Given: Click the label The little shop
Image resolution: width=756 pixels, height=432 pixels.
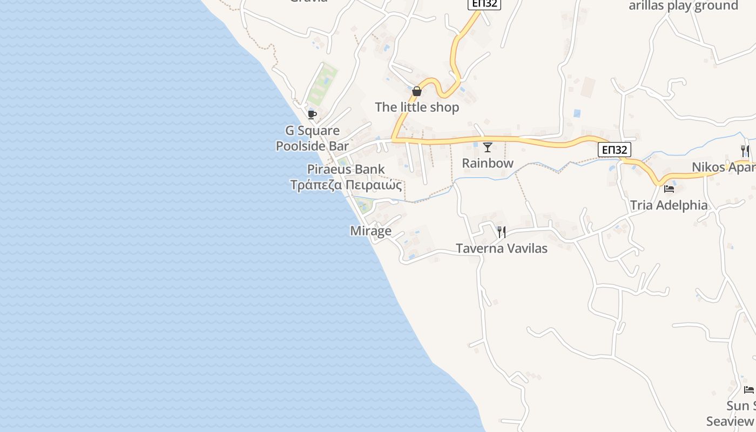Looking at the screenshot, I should pyautogui.click(x=417, y=107).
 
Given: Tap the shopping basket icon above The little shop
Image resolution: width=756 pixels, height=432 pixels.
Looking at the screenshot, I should pyautogui.click(x=417, y=91).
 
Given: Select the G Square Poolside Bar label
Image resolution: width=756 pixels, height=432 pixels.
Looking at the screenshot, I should pyautogui.click(x=312, y=138).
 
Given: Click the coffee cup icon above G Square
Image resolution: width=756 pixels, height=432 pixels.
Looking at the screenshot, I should pyautogui.click(x=312, y=114).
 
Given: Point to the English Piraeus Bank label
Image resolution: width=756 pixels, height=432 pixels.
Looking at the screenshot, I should pyautogui.click(x=346, y=170).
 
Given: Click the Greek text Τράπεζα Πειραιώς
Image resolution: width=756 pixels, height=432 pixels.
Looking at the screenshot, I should pyautogui.click(x=346, y=185).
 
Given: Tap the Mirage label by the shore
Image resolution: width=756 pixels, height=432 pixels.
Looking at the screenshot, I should pyautogui.click(x=370, y=231).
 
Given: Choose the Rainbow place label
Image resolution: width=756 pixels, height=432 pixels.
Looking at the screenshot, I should pyautogui.click(x=488, y=163).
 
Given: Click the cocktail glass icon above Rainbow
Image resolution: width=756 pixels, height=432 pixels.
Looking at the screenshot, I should pyautogui.click(x=488, y=147).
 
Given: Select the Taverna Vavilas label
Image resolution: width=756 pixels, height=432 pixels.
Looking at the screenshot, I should pyautogui.click(x=502, y=248).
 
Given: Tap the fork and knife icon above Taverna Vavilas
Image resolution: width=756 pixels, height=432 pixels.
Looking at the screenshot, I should pyautogui.click(x=502, y=232).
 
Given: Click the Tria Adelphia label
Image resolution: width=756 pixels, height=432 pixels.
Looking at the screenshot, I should pyautogui.click(x=669, y=205).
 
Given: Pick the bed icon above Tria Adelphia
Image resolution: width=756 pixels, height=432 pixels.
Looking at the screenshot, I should pyautogui.click(x=669, y=189).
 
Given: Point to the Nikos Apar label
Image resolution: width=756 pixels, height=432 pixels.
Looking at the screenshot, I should pyautogui.click(x=724, y=167).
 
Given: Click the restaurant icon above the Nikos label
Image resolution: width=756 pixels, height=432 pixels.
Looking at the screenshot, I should pyautogui.click(x=745, y=151).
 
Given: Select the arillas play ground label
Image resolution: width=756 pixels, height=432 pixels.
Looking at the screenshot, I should pyautogui.click(x=683, y=6).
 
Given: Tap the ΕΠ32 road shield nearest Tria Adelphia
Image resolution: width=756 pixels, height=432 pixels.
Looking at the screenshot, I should pyautogui.click(x=615, y=150).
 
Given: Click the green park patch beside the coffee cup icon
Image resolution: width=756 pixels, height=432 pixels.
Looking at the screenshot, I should pyautogui.click(x=323, y=84).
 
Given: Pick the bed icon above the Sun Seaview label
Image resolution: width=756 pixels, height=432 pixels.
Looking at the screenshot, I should pyautogui.click(x=748, y=389).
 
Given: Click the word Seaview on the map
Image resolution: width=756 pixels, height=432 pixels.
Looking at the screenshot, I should pyautogui.click(x=731, y=421).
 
